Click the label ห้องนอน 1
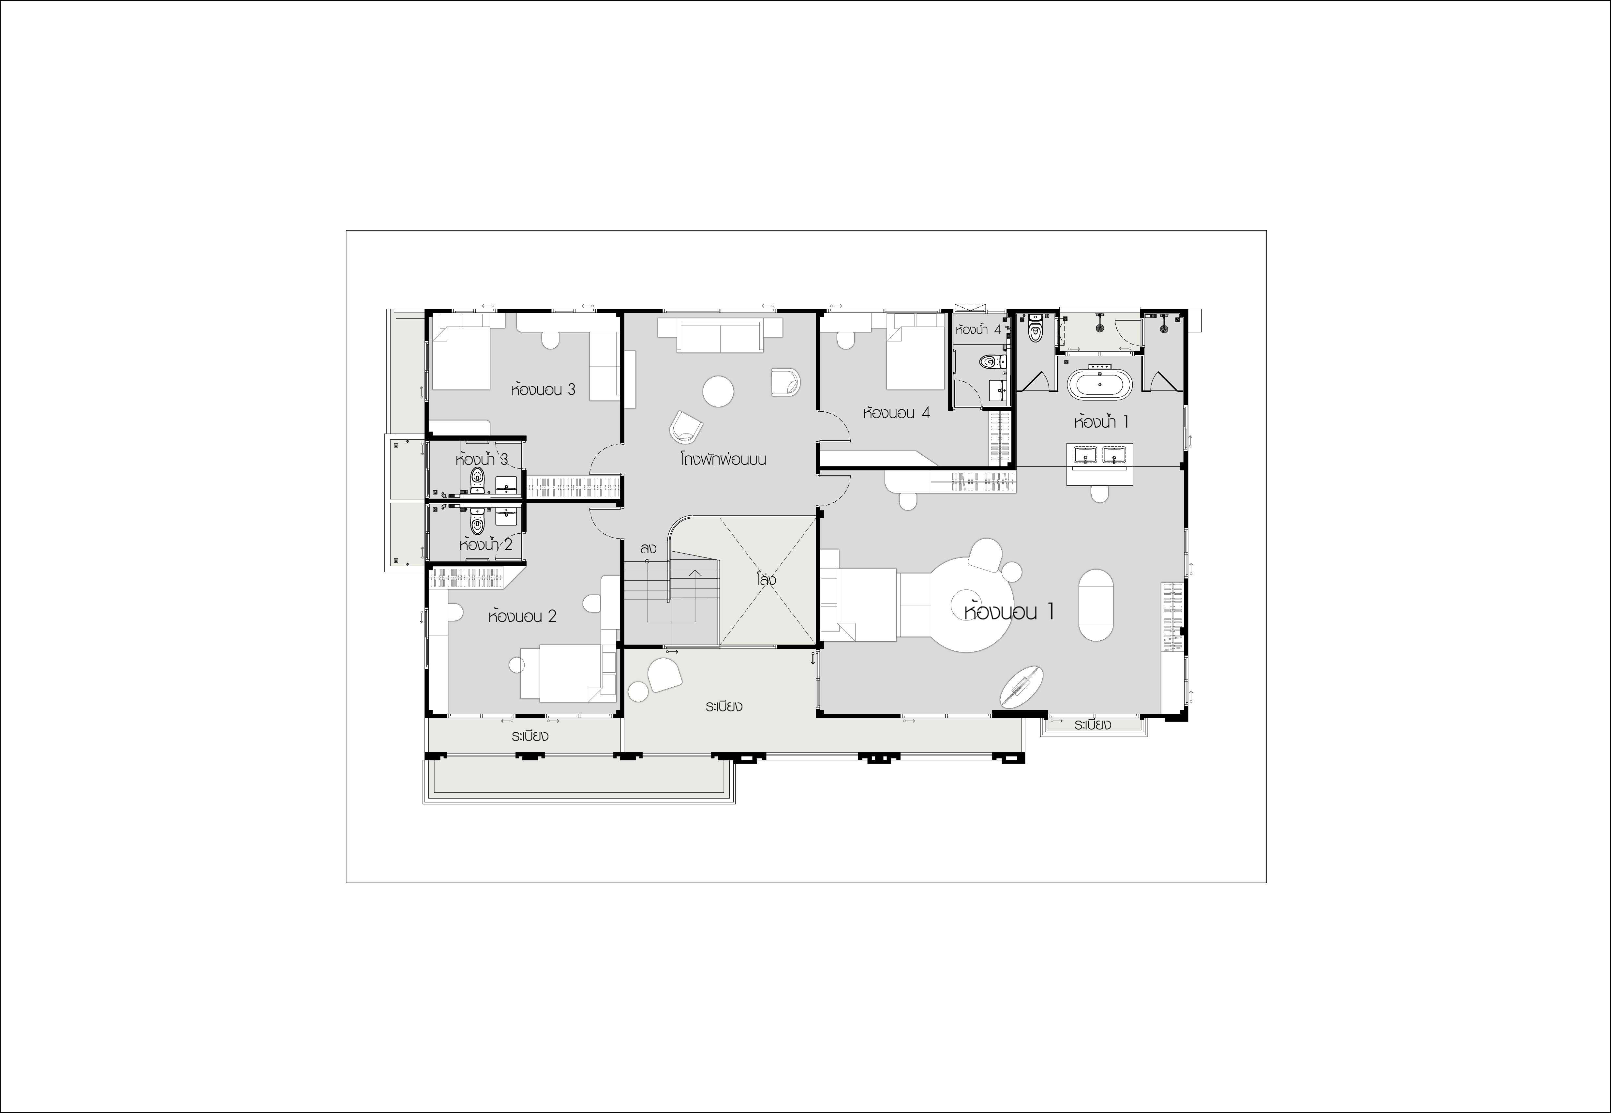pos(1009,612)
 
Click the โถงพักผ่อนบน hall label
pos(723,460)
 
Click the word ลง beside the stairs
pos(648,549)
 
